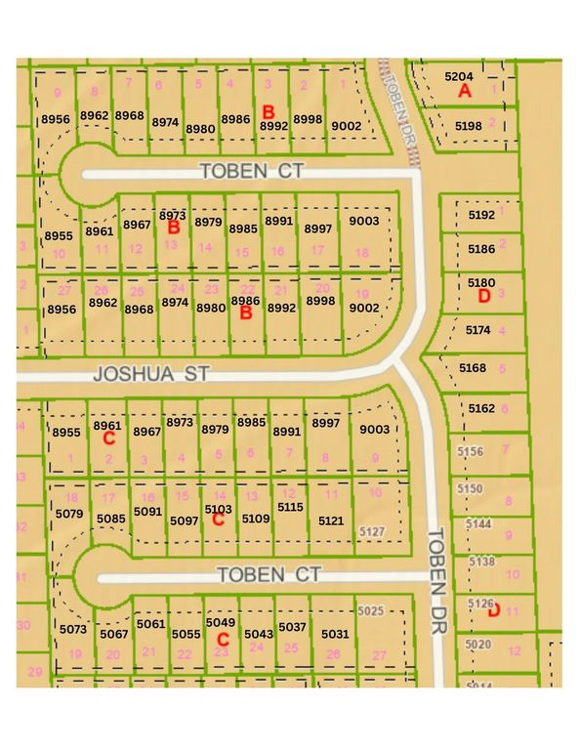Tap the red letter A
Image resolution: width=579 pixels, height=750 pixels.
pyautogui.click(x=465, y=91)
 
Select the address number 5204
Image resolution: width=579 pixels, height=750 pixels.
pyautogui.click(x=458, y=75)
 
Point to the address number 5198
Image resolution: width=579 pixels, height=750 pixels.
pyautogui.click(x=469, y=126)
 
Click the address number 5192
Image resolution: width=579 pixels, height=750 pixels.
pyautogui.click(x=481, y=214)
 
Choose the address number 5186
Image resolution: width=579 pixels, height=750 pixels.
pyautogui.click(x=480, y=249)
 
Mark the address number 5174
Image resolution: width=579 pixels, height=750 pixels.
pyautogui.click(x=478, y=331)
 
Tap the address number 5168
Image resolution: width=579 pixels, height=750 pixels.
pyautogui.click(x=472, y=367)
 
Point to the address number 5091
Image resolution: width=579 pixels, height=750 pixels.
pyautogui.click(x=147, y=511)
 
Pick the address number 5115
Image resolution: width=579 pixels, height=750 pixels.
pyautogui.click(x=291, y=507)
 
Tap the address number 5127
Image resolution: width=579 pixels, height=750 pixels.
pyautogui.click(x=372, y=530)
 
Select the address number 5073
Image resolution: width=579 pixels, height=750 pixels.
pyautogui.click(x=71, y=631)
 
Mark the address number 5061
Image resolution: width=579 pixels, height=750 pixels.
pyautogui.click(x=151, y=623)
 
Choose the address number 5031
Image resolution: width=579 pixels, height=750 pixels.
pyautogui.click(x=335, y=633)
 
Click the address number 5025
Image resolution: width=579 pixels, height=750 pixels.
pyautogui.click(x=372, y=610)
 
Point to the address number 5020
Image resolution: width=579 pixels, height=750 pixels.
pyautogui.click(x=478, y=645)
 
